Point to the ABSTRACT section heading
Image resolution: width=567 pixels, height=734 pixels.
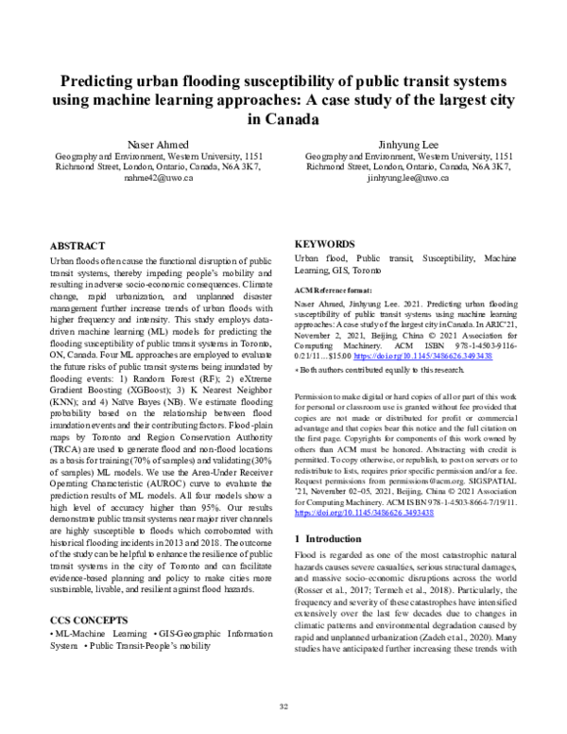[77, 243]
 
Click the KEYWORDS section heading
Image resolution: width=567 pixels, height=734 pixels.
[328, 242]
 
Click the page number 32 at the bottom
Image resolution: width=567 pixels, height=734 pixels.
[283, 706]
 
